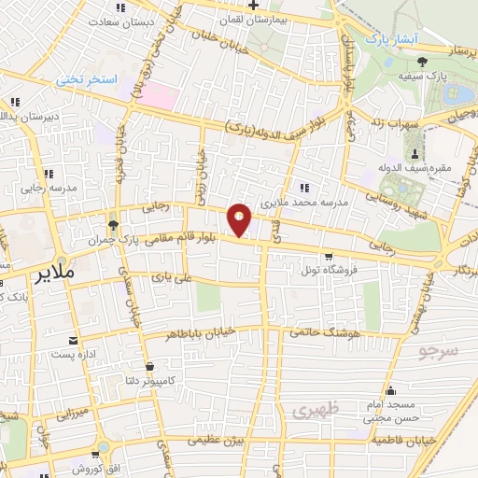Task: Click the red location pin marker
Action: pos(240,220)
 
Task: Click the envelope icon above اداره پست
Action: pos(73,341)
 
